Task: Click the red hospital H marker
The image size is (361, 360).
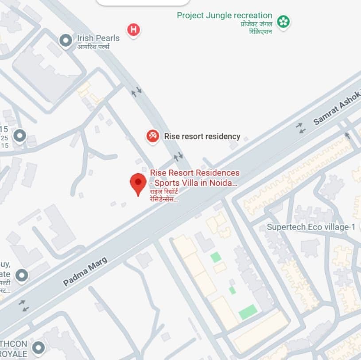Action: [x=133, y=30]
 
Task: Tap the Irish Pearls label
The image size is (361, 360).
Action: [x=98, y=38]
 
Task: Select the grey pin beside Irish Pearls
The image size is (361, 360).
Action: [x=66, y=41]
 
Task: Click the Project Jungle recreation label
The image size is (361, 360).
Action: [x=224, y=16]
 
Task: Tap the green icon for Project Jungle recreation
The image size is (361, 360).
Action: [x=283, y=21]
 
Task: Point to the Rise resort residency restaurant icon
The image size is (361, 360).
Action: [x=153, y=136]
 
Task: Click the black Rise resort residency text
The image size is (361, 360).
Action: [x=202, y=137]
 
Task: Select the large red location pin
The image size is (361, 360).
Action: [x=138, y=184]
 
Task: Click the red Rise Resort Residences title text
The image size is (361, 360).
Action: [x=194, y=177]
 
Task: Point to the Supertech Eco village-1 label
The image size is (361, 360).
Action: [x=311, y=227]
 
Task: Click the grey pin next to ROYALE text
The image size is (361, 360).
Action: [x=39, y=347]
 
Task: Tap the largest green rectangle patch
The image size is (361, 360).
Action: [x=248, y=312]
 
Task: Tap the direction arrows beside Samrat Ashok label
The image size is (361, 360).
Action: [x=301, y=128]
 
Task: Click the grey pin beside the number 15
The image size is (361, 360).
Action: [x=19, y=136]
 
